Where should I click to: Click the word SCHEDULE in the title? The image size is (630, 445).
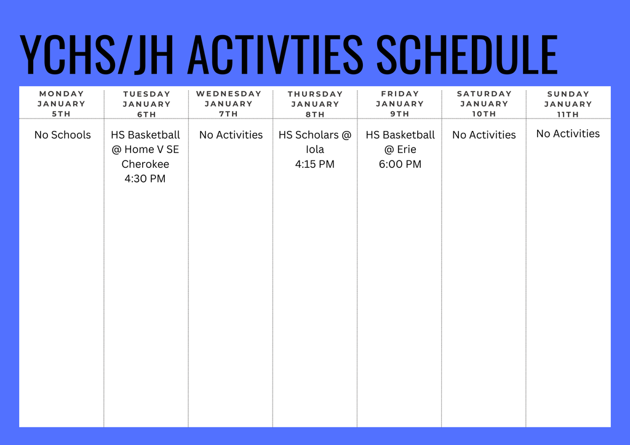pos(466,55)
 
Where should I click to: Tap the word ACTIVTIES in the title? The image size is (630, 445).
pos(275,55)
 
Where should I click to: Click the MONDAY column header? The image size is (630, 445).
pos(62,94)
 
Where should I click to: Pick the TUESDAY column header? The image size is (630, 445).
pos(146,94)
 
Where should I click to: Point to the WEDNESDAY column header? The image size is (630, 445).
pos(229,94)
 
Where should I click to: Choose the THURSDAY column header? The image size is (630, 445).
pos(315,94)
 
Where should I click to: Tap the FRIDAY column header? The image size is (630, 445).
pos(400,94)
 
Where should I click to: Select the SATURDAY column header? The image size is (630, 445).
pos(484,94)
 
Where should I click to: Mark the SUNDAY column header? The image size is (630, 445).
pos(568,94)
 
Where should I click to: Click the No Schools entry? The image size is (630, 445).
pos(62,135)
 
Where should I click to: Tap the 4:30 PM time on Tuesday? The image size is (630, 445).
pos(145,179)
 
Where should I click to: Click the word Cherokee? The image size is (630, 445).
pos(145,164)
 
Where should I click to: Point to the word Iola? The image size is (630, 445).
pos(315,149)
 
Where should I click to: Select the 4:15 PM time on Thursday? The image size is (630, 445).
pos(315,164)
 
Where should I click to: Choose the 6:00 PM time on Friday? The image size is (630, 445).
pos(400,164)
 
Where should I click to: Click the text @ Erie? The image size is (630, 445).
pos(400,149)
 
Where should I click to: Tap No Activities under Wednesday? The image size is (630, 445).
pos(231,135)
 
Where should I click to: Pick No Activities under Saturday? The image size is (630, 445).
pos(484,135)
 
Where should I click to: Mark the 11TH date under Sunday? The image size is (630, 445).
pos(568,114)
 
